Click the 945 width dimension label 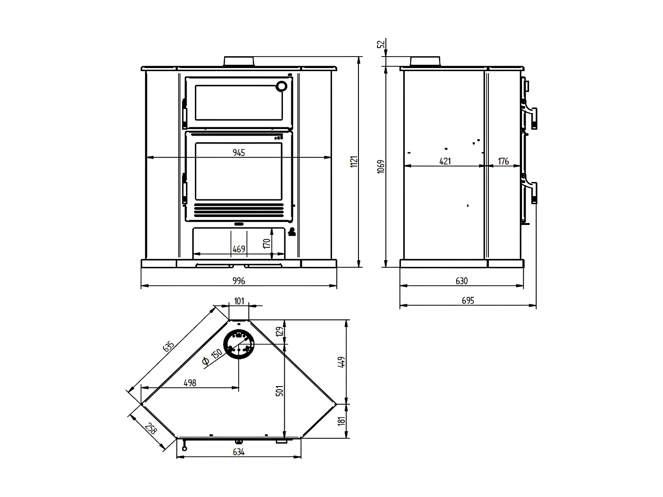(x=239, y=152)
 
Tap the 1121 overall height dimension (x=354, y=161)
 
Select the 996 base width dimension (x=239, y=281)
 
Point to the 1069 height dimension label (x=381, y=166)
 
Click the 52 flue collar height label (x=381, y=44)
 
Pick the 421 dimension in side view (x=445, y=161)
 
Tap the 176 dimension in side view (x=503, y=161)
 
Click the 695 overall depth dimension (x=468, y=300)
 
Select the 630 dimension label (x=461, y=281)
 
